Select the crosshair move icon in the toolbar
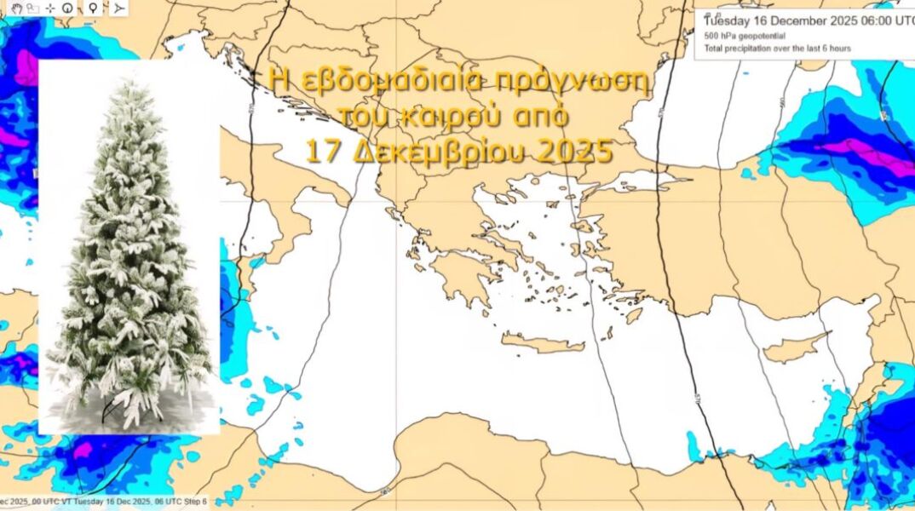50,8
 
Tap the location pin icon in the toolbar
93,8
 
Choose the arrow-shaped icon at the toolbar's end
118,8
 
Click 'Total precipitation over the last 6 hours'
777,49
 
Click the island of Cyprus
792,348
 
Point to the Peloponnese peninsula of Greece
461,278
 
